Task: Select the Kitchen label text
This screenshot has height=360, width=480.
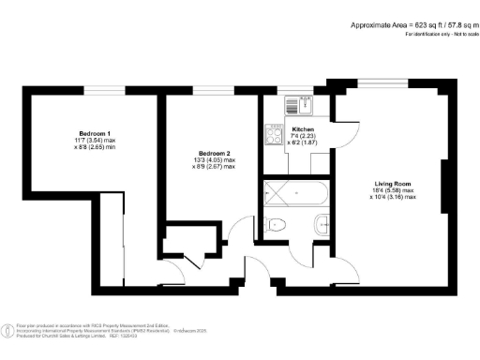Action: point(303,128)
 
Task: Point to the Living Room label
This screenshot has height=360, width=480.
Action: point(386,184)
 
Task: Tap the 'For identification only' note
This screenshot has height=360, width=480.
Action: point(440,35)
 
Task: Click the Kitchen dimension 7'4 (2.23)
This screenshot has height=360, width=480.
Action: point(303,136)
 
